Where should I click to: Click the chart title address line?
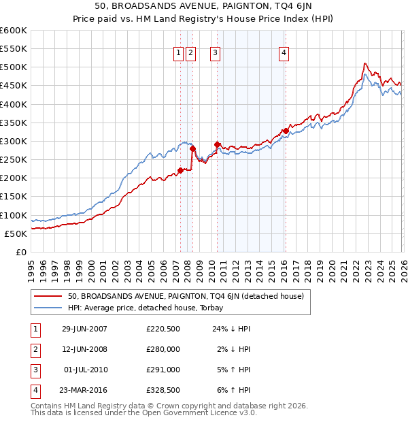click(x=204, y=6)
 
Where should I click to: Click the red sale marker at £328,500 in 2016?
click(x=285, y=131)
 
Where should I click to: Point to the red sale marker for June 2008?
click(x=192, y=148)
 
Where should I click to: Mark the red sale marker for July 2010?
click(x=217, y=144)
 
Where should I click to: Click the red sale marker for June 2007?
click(x=181, y=170)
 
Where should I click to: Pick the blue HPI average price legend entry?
click(x=150, y=307)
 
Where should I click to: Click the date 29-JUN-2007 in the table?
click(x=84, y=329)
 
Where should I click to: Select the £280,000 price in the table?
click(x=163, y=349)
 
